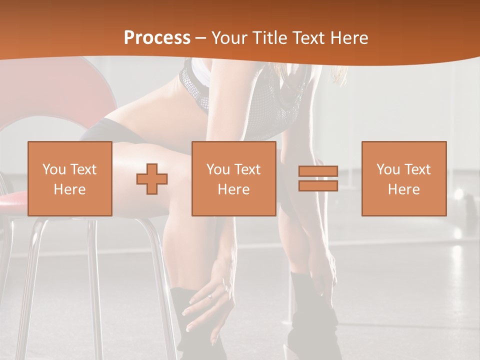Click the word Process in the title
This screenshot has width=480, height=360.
click(x=157, y=38)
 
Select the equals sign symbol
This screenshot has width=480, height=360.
click(x=318, y=178)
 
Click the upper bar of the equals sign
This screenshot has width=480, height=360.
click(x=318, y=171)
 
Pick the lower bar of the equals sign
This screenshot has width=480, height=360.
click(x=318, y=185)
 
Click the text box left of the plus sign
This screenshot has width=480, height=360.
click(x=70, y=178)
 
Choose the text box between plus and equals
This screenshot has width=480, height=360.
click(x=233, y=178)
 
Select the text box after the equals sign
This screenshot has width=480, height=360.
click(x=403, y=178)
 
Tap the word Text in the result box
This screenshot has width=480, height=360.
click(x=418, y=169)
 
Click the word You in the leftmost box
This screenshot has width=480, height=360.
click(x=54, y=169)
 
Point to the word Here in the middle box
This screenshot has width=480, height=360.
click(x=233, y=189)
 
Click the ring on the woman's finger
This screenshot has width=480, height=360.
click(x=209, y=296)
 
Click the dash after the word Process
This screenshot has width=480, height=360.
click(x=200, y=38)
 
